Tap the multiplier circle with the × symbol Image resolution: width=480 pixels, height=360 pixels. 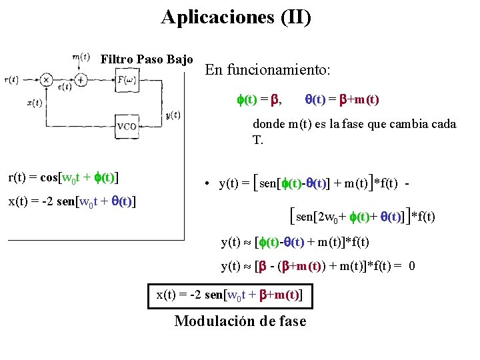(47, 80)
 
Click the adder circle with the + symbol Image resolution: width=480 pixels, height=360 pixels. (81, 80)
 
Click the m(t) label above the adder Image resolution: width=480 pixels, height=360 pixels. (81, 57)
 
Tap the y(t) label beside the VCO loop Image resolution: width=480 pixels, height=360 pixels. (172, 115)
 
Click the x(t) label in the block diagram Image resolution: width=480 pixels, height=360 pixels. (35, 103)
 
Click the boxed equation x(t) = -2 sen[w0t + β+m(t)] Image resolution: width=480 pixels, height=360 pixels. (230, 295)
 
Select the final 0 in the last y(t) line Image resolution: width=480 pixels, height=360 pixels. (412, 267)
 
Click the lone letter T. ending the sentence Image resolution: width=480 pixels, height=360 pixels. (257, 140)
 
